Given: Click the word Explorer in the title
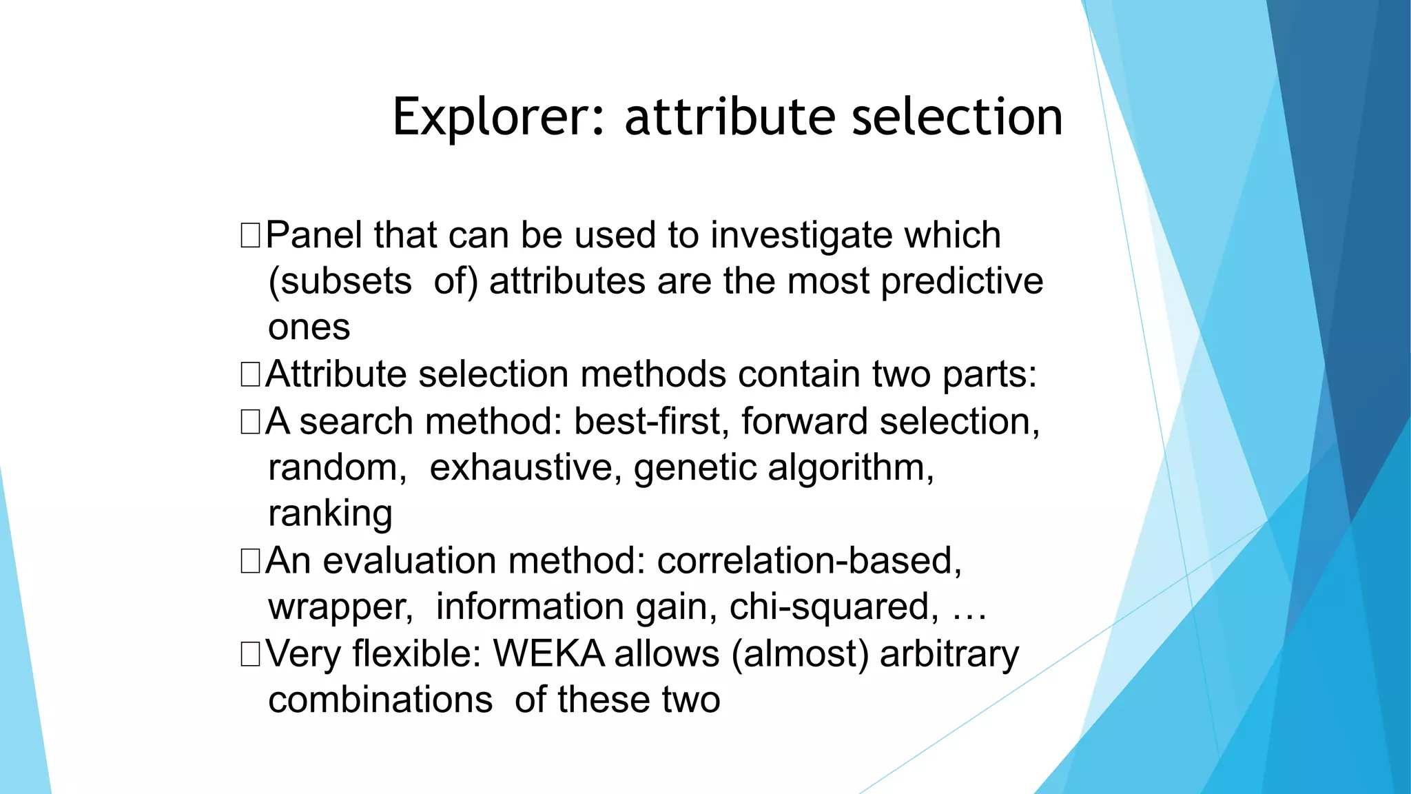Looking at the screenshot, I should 499,117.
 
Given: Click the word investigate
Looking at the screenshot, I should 801,236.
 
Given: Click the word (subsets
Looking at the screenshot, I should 340,282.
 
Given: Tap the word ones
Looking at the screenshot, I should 309,327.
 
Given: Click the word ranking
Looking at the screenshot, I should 331,514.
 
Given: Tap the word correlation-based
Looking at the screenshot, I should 809,560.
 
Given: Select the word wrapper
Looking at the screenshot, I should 340,608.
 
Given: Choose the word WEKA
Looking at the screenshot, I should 548,653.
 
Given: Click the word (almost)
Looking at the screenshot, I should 800,654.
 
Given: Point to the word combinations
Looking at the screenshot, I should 380,700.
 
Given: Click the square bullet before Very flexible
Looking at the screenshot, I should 250,653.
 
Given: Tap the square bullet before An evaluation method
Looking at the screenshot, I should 250,560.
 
